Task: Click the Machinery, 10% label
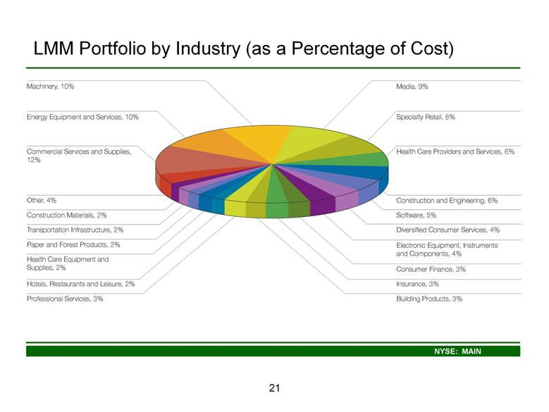pyautogui.click(x=51, y=87)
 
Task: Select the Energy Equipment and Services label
pyautogui.click(x=82, y=117)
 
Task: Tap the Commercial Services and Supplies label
pyautogui.click(x=79, y=156)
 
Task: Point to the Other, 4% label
pyautogui.click(x=42, y=201)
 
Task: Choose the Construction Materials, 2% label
pyautogui.click(x=66, y=215)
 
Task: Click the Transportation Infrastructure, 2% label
pyautogui.click(x=75, y=230)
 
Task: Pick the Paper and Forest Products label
pyautogui.click(x=73, y=244)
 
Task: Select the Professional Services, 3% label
pyautogui.click(x=65, y=299)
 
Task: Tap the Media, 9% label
pyautogui.click(x=412, y=87)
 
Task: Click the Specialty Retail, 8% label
pyautogui.click(x=426, y=117)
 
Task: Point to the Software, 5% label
pyautogui.click(x=416, y=215)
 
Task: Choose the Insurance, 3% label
pyautogui.click(x=417, y=284)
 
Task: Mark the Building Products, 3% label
pyautogui.click(x=429, y=299)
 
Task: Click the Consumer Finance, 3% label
pyautogui.click(x=431, y=269)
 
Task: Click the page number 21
pyautogui.click(x=275, y=388)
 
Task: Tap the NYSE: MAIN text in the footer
pyautogui.click(x=457, y=351)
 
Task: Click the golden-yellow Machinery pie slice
pyautogui.click(x=259, y=142)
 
